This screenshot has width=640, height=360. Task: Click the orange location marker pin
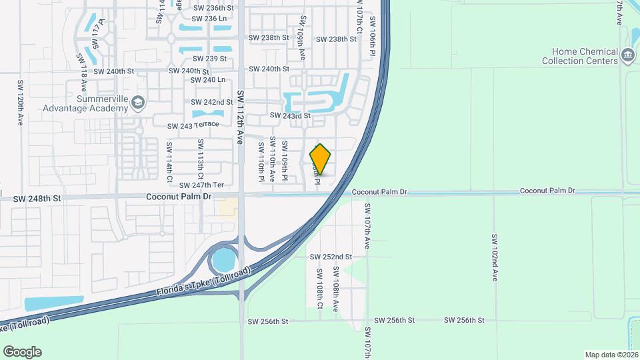click(321, 159)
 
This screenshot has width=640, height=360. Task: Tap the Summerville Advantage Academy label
click(85, 103)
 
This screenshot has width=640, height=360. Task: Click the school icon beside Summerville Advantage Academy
click(137, 102)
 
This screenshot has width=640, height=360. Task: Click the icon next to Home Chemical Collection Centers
click(627, 55)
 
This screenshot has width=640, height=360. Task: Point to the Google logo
click(22, 351)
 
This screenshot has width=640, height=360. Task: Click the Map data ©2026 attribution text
click(611, 355)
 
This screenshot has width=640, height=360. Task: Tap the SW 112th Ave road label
click(239, 110)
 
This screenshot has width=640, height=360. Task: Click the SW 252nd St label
click(331, 257)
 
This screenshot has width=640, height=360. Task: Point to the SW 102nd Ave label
click(495, 257)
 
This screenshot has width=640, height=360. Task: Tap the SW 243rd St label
click(290, 116)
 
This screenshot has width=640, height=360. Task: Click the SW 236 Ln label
click(210, 18)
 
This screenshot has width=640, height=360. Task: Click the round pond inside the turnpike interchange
click(224, 259)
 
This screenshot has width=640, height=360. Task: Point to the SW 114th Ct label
click(170, 162)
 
